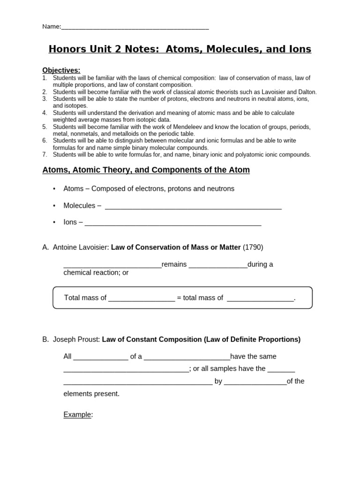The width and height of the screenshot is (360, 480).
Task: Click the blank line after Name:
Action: click(135, 27)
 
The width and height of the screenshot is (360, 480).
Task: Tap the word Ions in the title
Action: click(299, 49)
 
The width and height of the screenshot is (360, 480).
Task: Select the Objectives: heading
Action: click(61, 70)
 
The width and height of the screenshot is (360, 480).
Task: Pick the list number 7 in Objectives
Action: click(45, 155)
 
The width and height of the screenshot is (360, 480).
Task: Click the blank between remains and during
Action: click(218, 265)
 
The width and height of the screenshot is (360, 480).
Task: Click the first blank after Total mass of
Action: click(142, 299)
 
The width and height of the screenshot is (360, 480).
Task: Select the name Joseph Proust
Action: click(76, 339)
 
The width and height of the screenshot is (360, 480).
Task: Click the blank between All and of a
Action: click(101, 357)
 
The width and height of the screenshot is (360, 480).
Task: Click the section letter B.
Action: click(45, 339)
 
